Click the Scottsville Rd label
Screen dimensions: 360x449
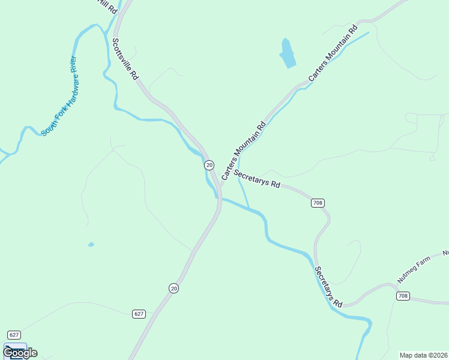125,59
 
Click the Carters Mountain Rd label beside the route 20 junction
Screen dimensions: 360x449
243,152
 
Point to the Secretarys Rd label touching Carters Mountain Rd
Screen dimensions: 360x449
258,179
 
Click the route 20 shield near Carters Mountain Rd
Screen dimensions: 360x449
209,165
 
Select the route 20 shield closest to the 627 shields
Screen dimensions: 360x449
173,289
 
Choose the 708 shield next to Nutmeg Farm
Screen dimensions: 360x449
402,296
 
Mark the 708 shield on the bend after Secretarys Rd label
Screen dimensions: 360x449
318,203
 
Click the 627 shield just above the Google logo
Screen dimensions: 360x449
14,334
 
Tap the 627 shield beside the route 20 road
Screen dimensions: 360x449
139,314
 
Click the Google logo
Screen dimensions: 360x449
20,353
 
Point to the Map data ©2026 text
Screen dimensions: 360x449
424,355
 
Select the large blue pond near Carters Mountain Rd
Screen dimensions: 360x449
287,53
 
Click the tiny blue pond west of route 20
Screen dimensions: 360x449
91,245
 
